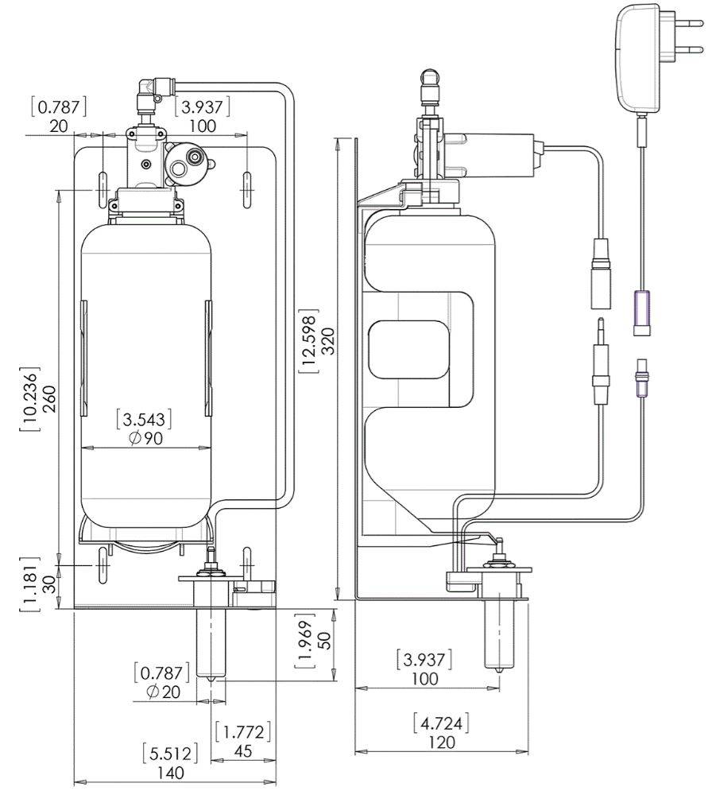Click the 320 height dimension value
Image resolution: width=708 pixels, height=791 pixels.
coord(327,342)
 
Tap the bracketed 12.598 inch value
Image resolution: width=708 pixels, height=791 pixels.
coord(308,342)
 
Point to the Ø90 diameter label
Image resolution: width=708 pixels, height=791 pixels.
coord(145,438)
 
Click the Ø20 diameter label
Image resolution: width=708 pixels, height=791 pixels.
coord(164,692)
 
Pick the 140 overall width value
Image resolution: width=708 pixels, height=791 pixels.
coord(170,772)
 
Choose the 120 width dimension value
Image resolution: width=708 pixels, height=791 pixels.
coord(442,742)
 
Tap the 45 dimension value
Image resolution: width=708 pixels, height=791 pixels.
coord(243,750)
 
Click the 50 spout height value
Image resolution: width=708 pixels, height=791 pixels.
coord(326,640)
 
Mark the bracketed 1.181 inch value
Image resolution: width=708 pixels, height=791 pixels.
coord(29,584)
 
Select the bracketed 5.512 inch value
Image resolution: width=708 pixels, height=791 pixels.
coord(170,754)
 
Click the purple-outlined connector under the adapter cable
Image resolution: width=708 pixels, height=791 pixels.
coord(641,312)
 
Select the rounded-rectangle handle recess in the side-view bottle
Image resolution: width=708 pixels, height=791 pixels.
coord(409,351)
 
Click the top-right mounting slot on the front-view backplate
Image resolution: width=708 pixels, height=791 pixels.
coord(246,189)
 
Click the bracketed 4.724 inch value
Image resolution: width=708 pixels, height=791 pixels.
coord(441,724)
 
